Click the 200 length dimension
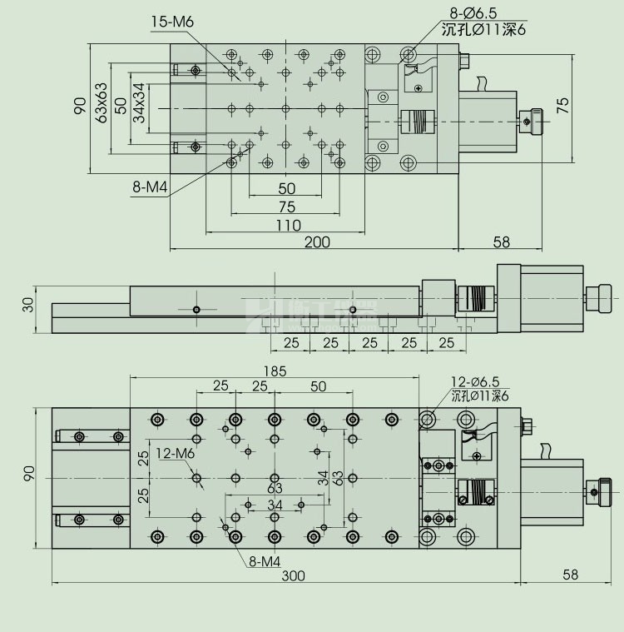coord(316,242)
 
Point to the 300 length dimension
coord(292,575)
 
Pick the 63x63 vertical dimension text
coord(102,104)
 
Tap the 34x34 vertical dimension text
coord(138,104)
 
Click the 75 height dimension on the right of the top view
coord(562,104)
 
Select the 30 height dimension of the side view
coord(28,306)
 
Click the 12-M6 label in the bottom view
coord(174,453)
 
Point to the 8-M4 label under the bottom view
coord(264,562)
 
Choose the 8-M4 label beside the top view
coord(150,188)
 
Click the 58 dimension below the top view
coord(501,242)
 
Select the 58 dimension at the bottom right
coord(570,575)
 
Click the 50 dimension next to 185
coord(318,386)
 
